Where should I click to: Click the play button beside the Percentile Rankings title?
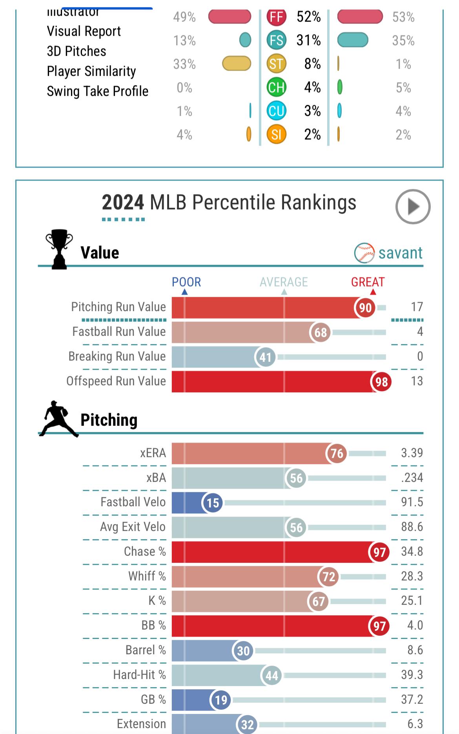(413, 207)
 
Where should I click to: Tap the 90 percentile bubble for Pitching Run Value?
(365, 308)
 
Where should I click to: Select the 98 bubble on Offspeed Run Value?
(381, 382)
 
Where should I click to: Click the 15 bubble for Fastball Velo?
(213, 503)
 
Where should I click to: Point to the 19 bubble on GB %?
(221, 700)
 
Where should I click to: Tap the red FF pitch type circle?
(276, 17)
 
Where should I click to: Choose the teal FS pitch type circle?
(276, 40)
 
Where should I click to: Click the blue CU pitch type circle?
(276, 111)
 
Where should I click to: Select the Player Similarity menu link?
(91, 71)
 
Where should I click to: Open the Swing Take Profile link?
(97, 91)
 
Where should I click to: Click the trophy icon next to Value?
(59, 249)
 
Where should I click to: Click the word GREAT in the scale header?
(368, 282)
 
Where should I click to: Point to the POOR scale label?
(186, 282)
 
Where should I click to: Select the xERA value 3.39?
(412, 453)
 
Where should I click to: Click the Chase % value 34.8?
(412, 551)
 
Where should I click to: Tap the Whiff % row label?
(147, 576)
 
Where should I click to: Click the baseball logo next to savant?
(364, 253)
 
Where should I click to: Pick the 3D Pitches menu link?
(76, 51)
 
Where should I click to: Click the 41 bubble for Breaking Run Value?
(265, 357)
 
